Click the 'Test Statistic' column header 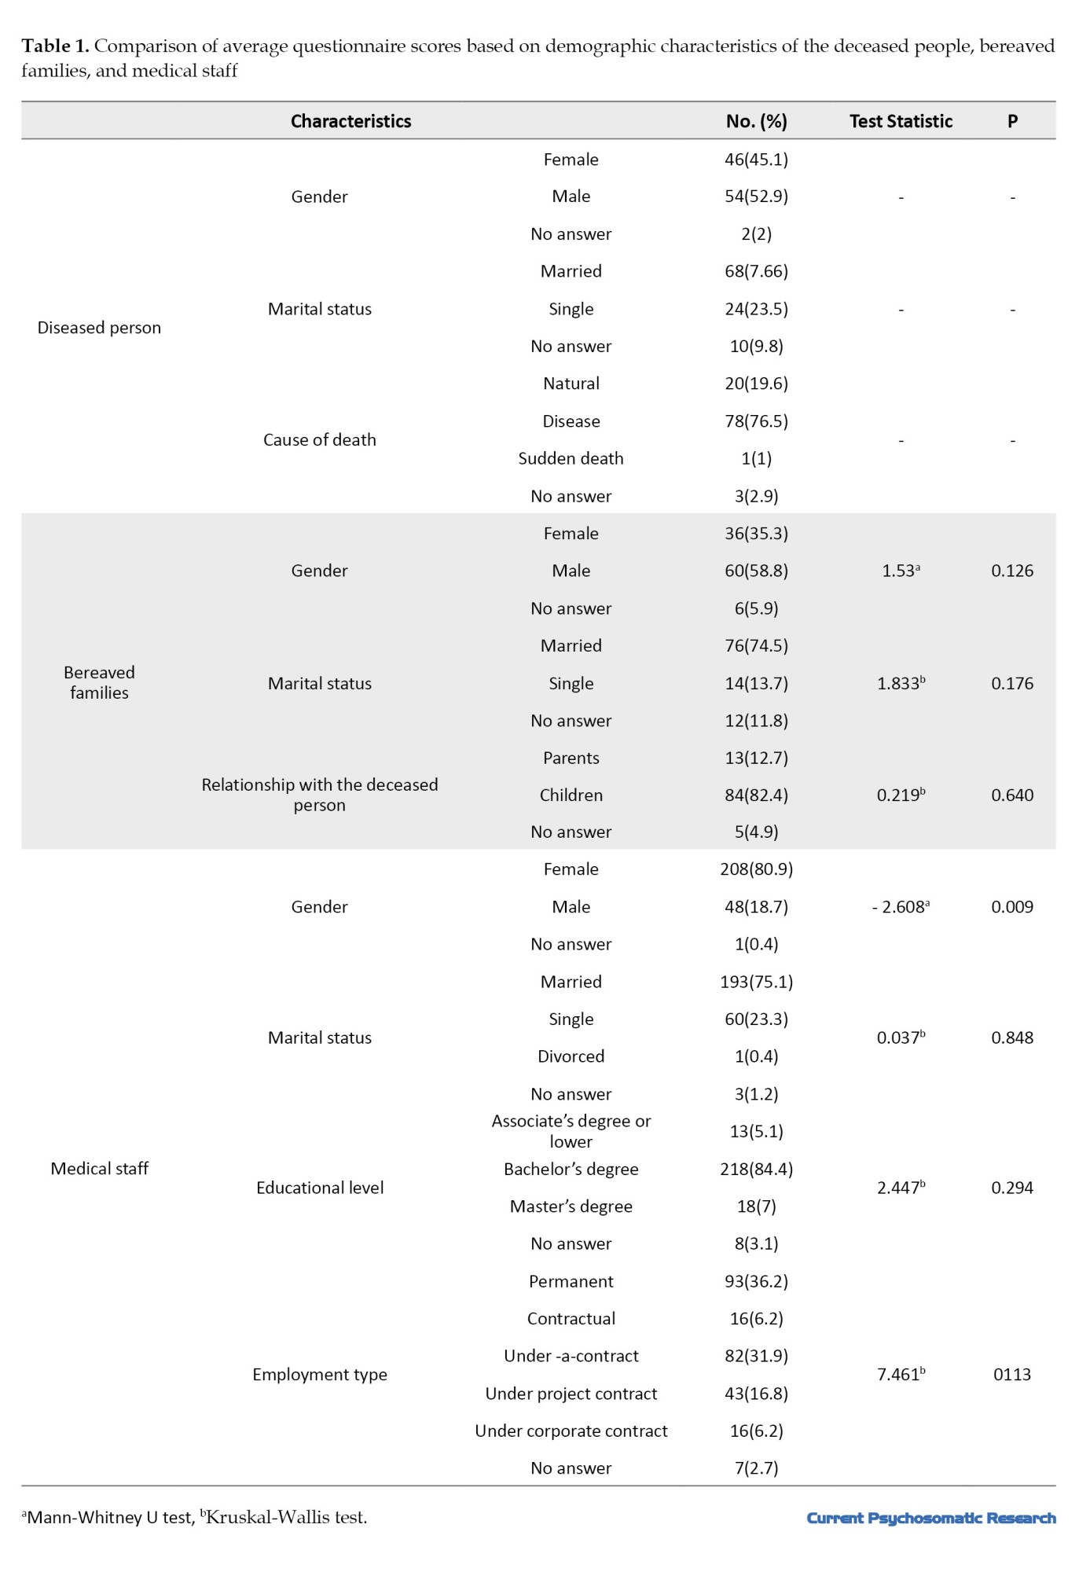pyautogui.click(x=901, y=121)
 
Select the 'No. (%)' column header pyautogui.click(x=756, y=121)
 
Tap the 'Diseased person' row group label pyautogui.click(x=99, y=328)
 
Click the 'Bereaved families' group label pyautogui.click(x=99, y=682)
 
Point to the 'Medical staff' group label pyautogui.click(x=99, y=1169)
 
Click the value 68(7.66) pyautogui.click(x=756, y=271)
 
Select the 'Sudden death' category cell pyautogui.click(x=571, y=458)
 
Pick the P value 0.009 pyautogui.click(x=1012, y=907)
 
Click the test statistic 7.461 pyautogui.click(x=901, y=1375)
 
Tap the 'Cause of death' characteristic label pyautogui.click(x=319, y=440)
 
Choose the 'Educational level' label pyautogui.click(x=319, y=1188)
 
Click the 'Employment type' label pyautogui.click(x=319, y=1375)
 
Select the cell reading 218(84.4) pyautogui.click(x=756, y=1170)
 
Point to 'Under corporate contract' pyautogui.click(x=571, y=1431)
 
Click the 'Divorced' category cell pyautogui.click(x=571, y=1056)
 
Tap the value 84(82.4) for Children pyautogui.click(x=756, y=795)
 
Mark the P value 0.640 pyautogui.click(x=1012, y=795)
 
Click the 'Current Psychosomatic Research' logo pyautogui.click(x=930, y=1518)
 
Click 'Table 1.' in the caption pyautogui.click(x=55, y=46)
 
